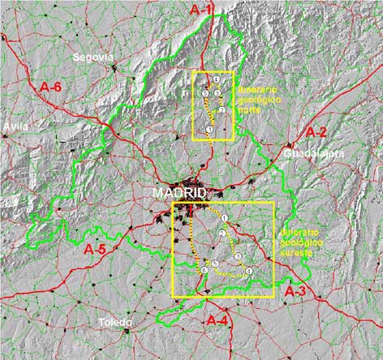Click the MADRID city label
click(179, 193)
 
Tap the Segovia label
click(94, 57)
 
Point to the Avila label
click(15, 126)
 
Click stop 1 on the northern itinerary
click(209, 130)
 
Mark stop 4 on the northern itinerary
click(217, 79)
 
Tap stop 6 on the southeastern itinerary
click(204, 271)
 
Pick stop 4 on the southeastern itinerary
click(249, 270)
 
